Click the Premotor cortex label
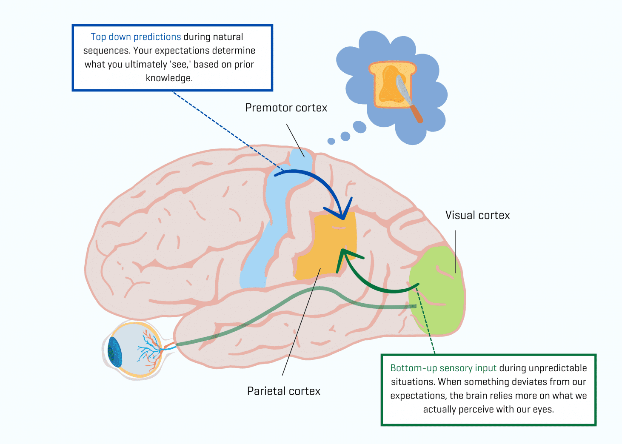286,108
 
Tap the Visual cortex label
477,215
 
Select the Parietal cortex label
284,391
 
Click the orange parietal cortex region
328,251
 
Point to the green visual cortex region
438,293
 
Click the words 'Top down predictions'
136,37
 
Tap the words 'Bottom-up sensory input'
443,368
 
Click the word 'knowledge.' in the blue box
169,78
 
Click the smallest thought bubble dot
331,141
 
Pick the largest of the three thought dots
360,127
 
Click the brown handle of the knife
417,114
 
